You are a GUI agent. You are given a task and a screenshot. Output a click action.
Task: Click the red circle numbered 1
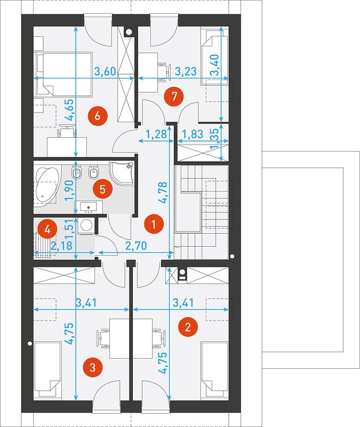(x=154, y=225)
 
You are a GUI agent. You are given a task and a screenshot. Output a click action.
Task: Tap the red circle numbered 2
(x=188, y=327)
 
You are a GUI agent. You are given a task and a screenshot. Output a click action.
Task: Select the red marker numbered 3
(x=92, y=368)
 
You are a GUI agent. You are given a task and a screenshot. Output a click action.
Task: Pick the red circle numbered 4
(x=47, y=230)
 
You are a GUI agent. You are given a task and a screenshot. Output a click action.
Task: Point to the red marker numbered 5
(x=102, y=189)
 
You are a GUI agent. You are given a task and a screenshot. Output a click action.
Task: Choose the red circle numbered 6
(x=98, y=116)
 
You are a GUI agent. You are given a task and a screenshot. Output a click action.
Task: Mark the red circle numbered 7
(x=174, y=96)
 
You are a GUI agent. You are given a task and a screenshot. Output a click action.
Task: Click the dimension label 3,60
(x=105, y=72)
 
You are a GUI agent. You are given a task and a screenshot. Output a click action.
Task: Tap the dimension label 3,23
(x=186, y=72)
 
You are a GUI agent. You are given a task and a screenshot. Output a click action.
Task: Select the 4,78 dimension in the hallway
(x=164, y=193)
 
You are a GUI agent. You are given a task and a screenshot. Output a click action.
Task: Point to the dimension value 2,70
(x=136, y=246)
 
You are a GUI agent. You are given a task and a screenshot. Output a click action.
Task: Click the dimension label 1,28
(x=156, y=134)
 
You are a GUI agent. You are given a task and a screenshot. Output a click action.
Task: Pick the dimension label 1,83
(x=193, y=134)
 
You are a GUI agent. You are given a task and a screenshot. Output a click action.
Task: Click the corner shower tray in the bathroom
(x=122, y=173)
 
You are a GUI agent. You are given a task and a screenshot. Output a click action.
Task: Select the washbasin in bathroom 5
(x=89, y=208)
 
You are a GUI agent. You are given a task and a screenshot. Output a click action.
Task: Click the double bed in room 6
(x=64, y=74)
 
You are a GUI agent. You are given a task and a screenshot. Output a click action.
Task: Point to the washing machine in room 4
(x=86, y=226)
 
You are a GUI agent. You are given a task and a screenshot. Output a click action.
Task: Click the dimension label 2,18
(x=62, y=246)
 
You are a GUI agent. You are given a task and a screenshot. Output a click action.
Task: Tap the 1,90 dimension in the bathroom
(x=69, y=191)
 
